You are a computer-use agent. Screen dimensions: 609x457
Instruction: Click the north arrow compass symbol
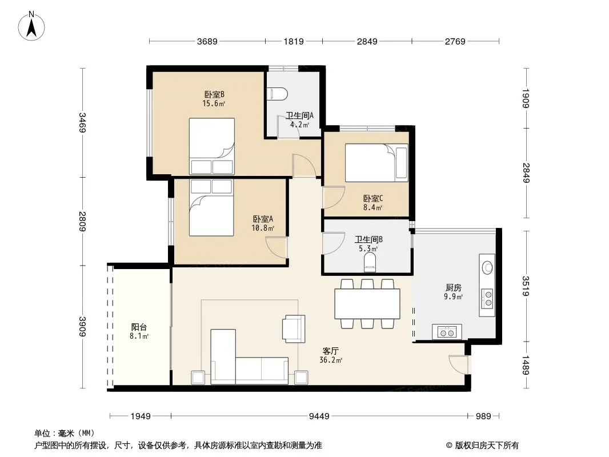[x=31, y=26]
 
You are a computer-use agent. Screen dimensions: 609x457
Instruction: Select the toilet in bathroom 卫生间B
[x=370, y=262]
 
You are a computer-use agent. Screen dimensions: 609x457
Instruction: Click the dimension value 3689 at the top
[x=207, y=41]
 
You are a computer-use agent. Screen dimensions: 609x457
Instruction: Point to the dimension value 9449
[x=319, y=416]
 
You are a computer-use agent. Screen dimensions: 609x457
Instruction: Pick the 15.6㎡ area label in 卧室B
[x=214, y=103]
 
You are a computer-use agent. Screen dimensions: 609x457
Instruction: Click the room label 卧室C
[x=373, y=198]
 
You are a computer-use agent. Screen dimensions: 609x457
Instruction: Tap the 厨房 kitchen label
[x=453, y=288]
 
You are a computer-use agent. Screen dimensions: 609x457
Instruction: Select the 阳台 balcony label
[x=139, y=327]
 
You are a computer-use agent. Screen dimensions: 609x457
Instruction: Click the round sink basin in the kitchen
[x=487, y=267]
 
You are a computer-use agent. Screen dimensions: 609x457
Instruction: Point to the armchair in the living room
[x=294, y=328]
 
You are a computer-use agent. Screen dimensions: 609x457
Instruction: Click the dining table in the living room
[x=367, y=304]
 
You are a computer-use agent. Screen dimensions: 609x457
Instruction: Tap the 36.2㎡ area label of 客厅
[x=331, y=360]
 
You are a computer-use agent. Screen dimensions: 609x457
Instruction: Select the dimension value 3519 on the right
[x=526, y=286]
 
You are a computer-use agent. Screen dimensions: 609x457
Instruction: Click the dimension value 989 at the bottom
[x=483, y=416]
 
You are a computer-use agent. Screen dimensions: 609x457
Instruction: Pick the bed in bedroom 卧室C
[x=376, y=163]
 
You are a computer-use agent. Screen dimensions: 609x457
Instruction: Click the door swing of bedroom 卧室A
[x=277, y=248]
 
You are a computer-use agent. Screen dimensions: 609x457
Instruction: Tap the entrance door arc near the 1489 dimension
[x=459, y=364]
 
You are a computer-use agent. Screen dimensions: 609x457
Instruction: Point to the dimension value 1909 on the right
[x=526, y=99]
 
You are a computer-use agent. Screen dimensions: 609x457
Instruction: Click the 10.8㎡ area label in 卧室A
[x=263, y=228]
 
